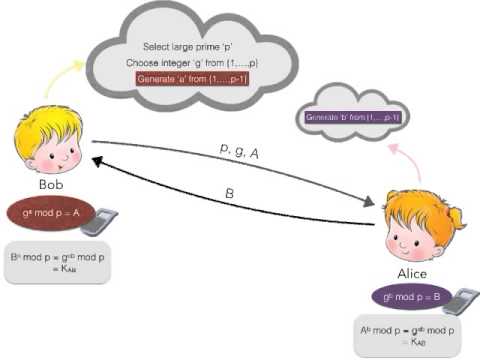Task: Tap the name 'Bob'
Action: pos(51,185)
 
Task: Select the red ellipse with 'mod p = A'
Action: pos(51,212)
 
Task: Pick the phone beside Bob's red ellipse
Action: pos(97,221)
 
